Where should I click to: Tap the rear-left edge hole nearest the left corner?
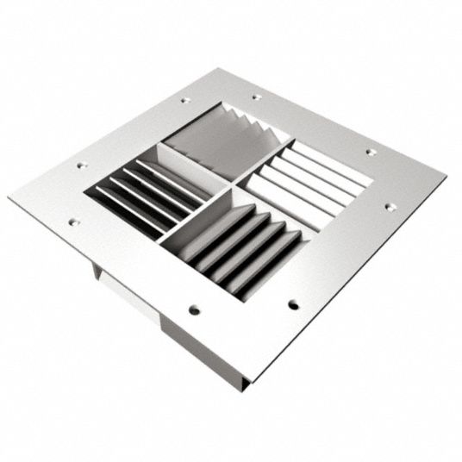tap(82, 164)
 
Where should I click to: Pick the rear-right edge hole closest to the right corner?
tap(370, 153)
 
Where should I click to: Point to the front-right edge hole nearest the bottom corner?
tap(293, 303)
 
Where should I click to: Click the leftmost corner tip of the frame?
tap(9, 197)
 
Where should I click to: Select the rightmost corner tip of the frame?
tap(446, 182)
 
